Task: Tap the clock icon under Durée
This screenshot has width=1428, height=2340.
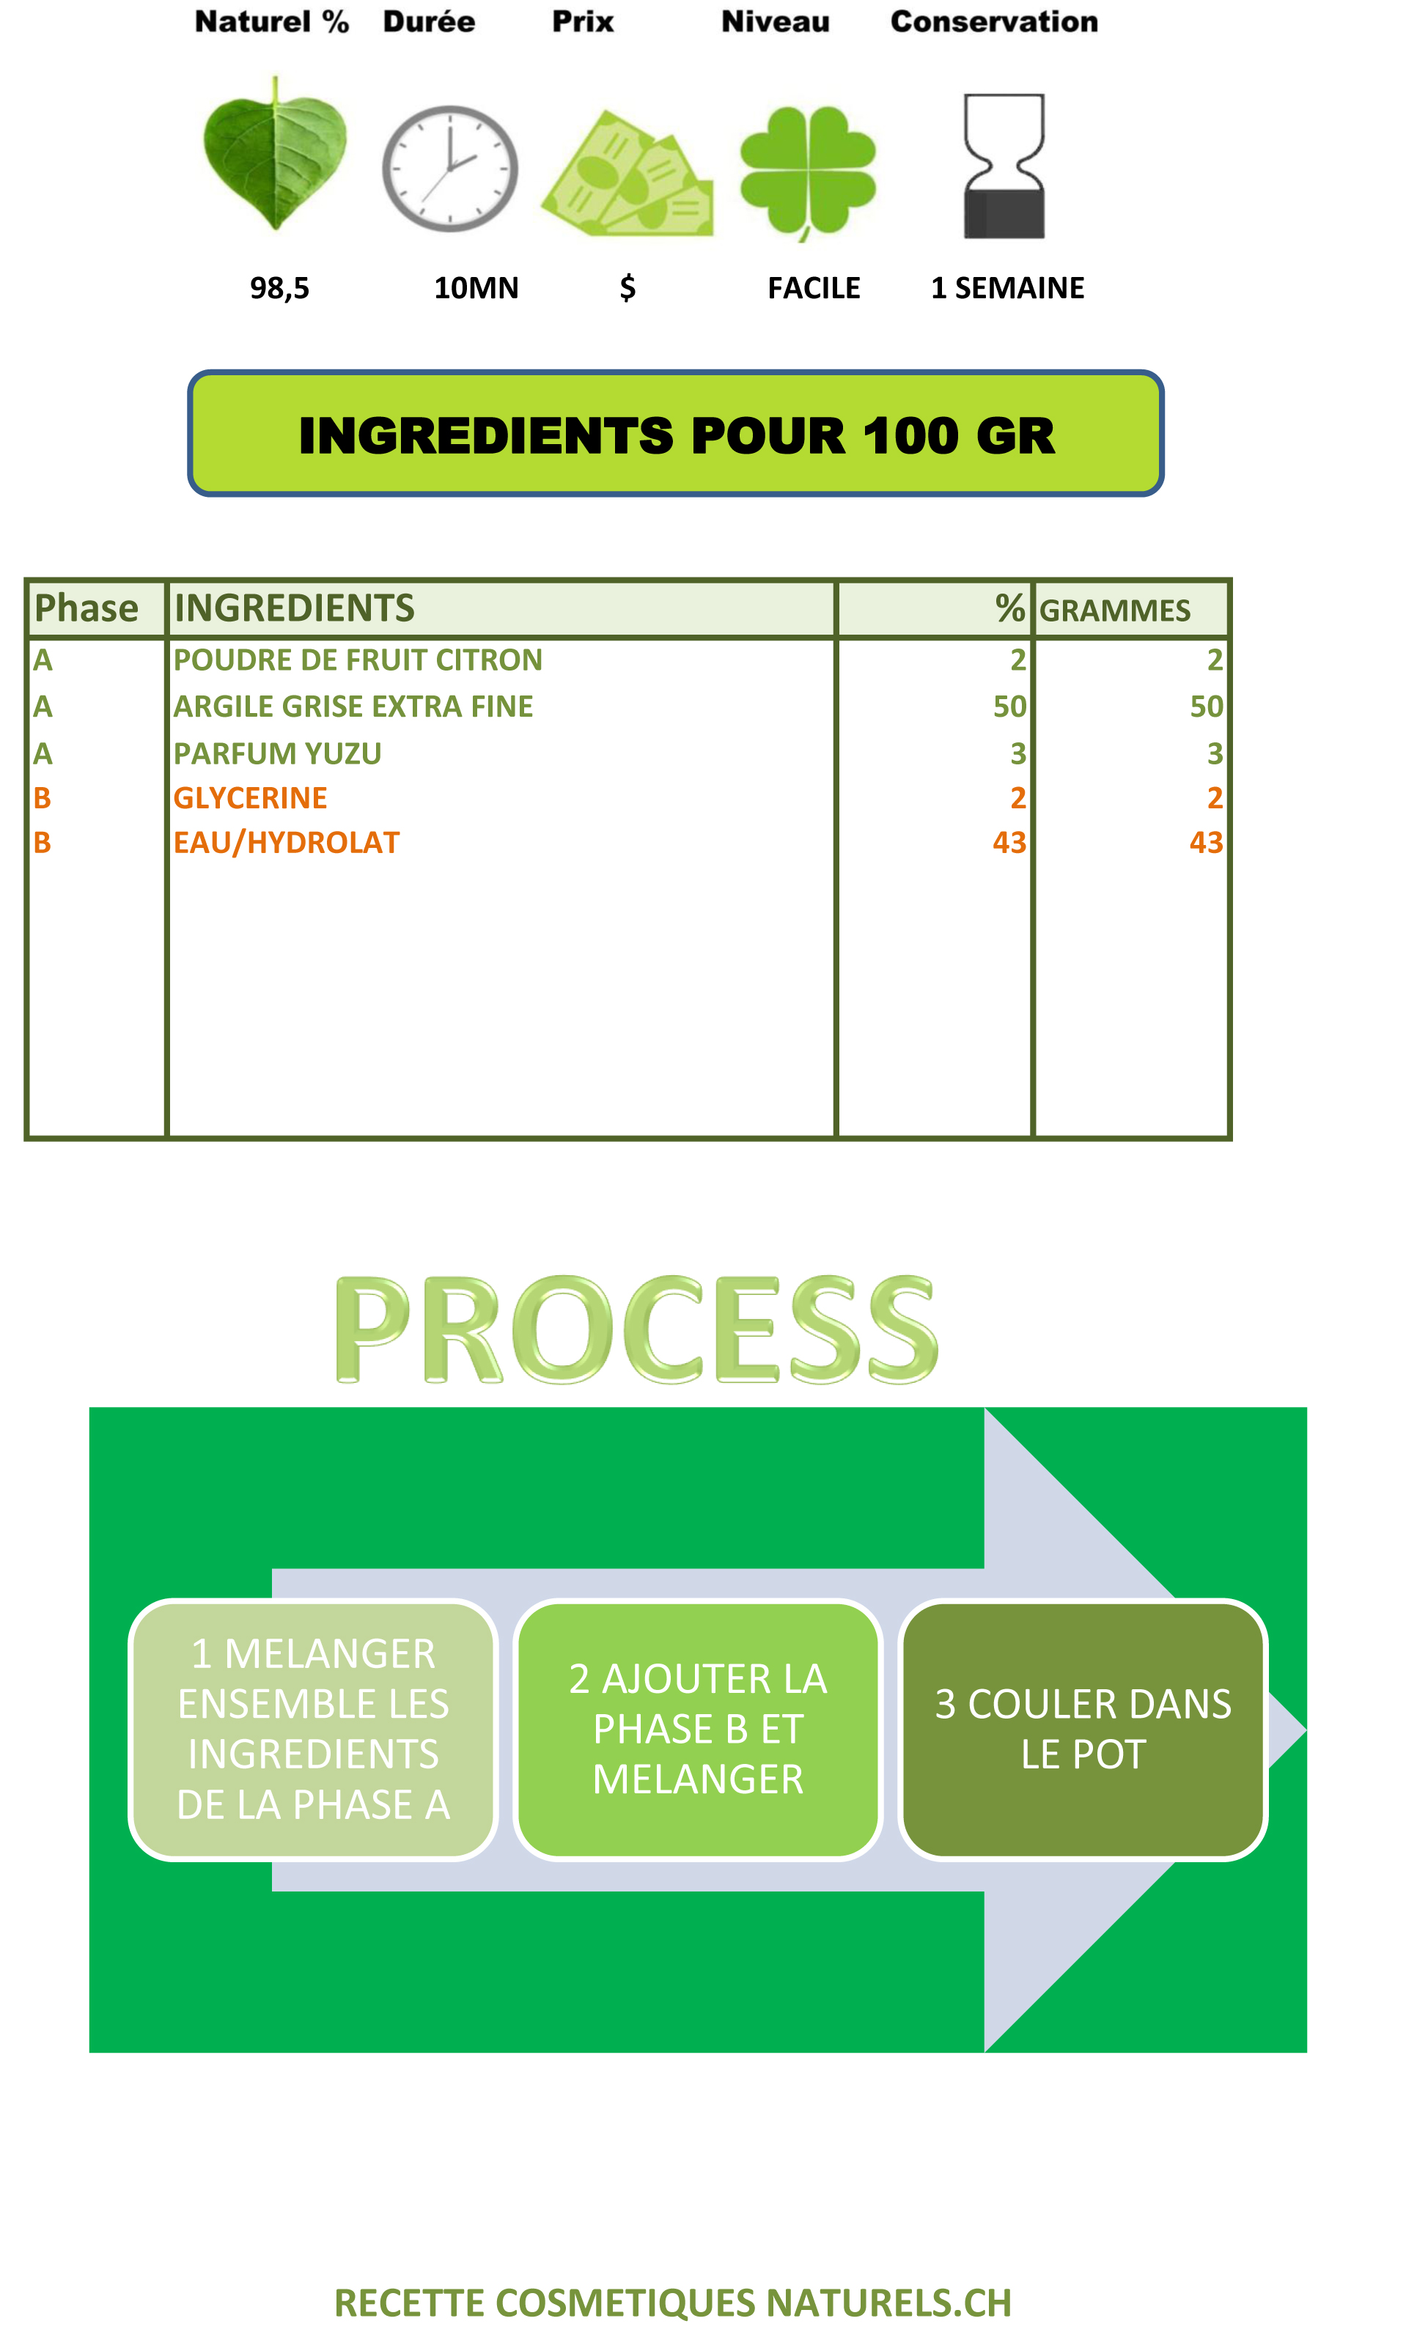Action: (450, 169)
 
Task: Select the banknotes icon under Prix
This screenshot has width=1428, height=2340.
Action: (627, 173)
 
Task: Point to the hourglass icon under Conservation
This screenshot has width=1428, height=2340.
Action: (1004, 166)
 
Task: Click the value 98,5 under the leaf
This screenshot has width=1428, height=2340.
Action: (279, 289)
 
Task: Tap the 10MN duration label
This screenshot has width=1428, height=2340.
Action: (476, 288)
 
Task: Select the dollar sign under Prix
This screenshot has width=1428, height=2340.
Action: (627, 288)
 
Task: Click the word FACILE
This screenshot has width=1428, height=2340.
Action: (813, 288)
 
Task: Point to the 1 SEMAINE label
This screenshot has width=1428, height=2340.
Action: (1007, 288)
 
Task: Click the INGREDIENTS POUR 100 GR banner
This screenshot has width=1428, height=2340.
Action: (676, 434)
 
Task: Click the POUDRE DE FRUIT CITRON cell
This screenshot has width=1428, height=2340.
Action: (357, 660)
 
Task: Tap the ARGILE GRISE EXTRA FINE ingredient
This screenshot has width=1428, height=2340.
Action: (353, 706)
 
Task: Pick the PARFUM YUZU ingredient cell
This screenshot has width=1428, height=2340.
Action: (276, 754)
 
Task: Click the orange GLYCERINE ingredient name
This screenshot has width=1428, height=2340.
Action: (250, 798)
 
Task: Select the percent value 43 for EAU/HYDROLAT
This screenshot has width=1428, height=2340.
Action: (1009, 842)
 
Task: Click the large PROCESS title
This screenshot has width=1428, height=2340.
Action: (636, 1329)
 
